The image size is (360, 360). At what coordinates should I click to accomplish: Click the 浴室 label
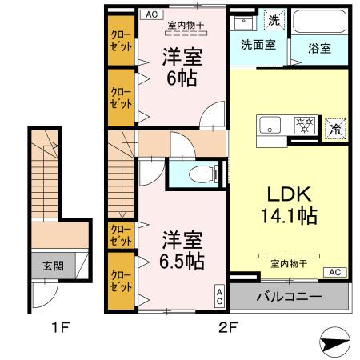[319, 47]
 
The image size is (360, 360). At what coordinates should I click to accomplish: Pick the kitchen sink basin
[270, 125]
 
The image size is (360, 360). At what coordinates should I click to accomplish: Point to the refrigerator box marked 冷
[334, 126]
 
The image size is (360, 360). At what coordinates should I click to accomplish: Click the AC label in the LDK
[334, 272]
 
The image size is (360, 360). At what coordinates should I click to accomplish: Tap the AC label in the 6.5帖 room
[219, 297]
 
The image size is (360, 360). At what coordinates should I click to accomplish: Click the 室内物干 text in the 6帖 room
[185, 25]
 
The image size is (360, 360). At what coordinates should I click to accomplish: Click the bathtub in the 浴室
[319, 22]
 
